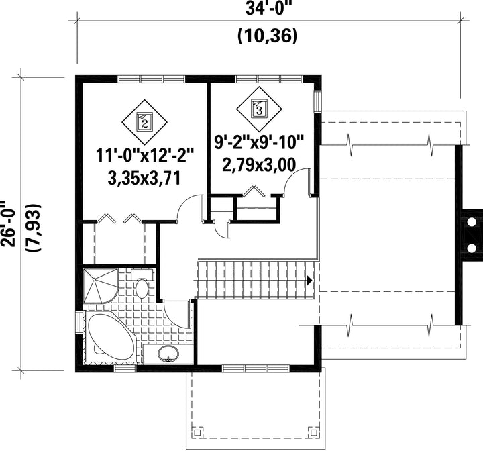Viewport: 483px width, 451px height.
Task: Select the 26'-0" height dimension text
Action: tap(8, 223)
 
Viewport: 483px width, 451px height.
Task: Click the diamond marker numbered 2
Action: tap(144, 121)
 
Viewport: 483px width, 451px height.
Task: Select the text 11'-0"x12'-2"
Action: tap(144, 155)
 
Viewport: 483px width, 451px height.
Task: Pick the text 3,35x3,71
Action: tap(144, 178)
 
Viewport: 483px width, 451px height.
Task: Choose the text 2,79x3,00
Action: tap(259, 165)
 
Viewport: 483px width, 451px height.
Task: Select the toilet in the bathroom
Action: tap(142, 284)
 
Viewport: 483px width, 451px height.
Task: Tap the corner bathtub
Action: tap(110, 337)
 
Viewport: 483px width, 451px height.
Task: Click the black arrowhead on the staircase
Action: tap(309, 281)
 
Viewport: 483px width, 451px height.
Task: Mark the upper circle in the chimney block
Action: tap(472, 221)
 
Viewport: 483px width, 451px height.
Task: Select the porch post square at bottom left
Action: tap(197, 432)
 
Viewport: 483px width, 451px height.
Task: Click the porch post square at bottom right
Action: tap(313, 432)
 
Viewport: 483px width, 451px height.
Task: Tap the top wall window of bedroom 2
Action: tap(152, 79)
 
